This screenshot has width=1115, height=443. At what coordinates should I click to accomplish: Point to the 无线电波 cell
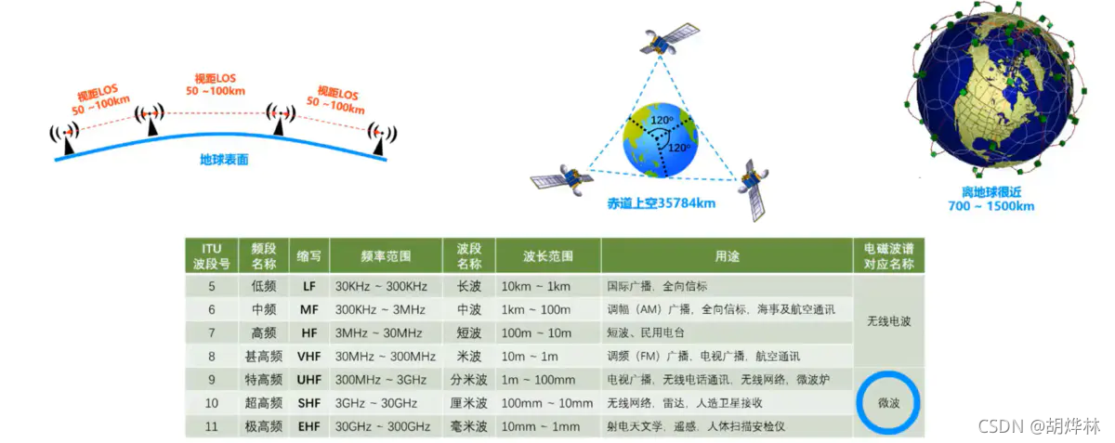point(888,320)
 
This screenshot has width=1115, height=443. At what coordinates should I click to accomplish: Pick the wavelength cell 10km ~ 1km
point(536,286)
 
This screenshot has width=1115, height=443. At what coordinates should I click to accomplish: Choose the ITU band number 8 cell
point(211,356)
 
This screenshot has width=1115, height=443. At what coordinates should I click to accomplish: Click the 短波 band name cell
point(468,332)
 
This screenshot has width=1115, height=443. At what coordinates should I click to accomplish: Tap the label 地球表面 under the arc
point(224,160)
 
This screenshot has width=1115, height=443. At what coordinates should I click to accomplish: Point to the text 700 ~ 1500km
point(990,206)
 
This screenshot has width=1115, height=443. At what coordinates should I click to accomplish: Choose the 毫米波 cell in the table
point(468,427)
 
